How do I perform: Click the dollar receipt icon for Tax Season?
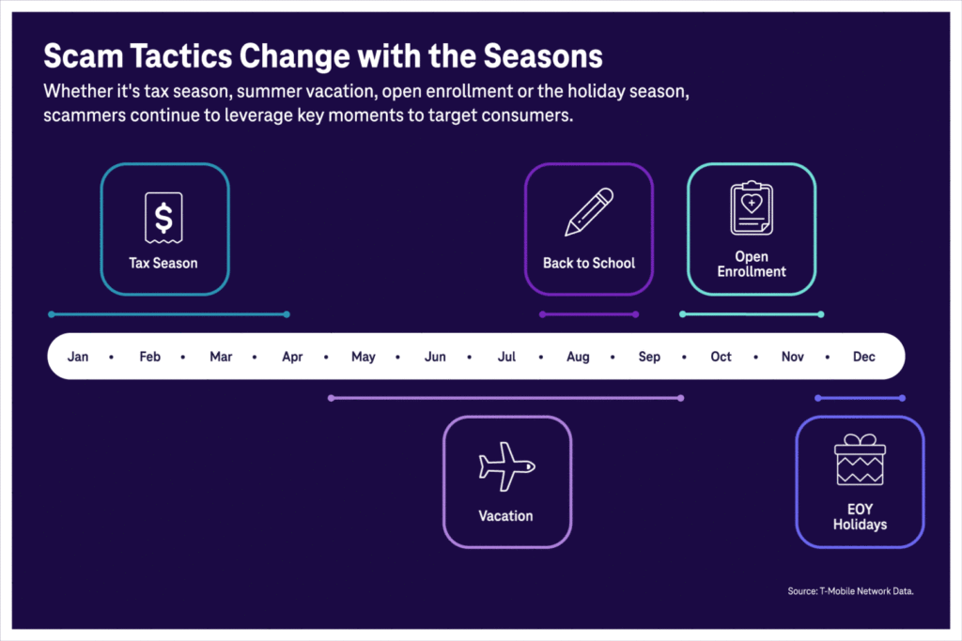click(x=163, y=218)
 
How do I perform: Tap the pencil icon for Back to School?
click(x=589, y=211)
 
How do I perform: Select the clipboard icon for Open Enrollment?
click(x=752, y=207)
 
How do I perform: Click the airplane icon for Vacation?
click(x=506, y=466)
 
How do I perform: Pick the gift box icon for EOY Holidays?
click(x=861, y=459)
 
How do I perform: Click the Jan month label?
click(x=78, y=357)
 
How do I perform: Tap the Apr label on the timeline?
click(x=293, y=357)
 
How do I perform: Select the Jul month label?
click(x=506, y=357)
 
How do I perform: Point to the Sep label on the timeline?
click(x=649, y=357)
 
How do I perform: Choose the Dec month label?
click(x=864, y=357)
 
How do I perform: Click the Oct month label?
click(x=721, y=357)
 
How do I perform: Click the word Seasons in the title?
click(x=543, y=56)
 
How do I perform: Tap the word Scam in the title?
click(x=84, y=56)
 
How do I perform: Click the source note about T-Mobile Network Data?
click(x=850, y=591)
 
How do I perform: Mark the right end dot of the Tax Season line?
click(x=287, y=314)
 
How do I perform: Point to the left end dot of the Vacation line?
click(x=332, y=398)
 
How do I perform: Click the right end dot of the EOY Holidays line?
click(x=902, y=398)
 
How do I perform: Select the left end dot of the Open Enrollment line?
click(x=682, y=314)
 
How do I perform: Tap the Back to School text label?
click(x=589, y=263)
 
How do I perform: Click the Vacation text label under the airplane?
click(x=506, y=516)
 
